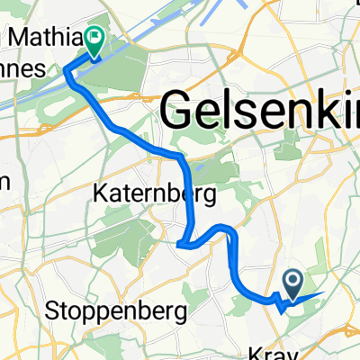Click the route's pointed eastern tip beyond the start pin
coord(320,293)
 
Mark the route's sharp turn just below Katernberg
coord(180,242)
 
